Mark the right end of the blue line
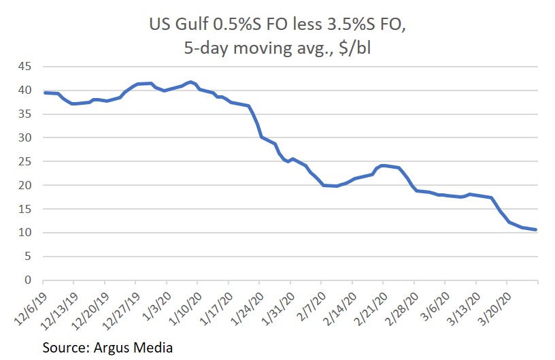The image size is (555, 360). pos(537,229)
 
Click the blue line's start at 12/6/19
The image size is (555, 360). pos(44,93)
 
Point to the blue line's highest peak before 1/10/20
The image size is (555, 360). pos(190,82)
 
